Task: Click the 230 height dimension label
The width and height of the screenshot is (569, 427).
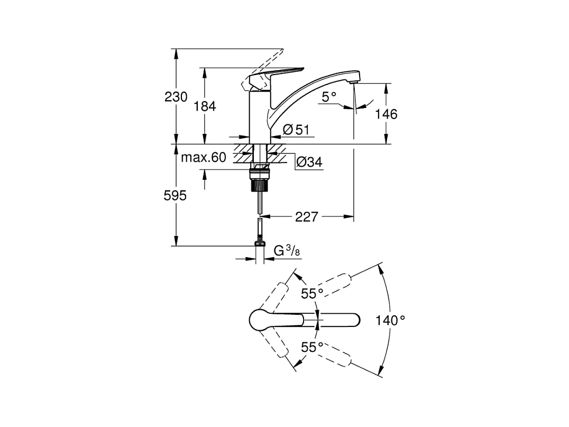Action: point(176,97)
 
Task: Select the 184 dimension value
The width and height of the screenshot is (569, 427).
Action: point(205,106)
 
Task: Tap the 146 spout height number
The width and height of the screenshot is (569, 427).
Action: point(386,114)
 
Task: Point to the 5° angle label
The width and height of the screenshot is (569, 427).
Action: point(329,97)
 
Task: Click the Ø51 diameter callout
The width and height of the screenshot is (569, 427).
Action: point(296,130)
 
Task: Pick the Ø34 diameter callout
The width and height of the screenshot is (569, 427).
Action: point(309,162)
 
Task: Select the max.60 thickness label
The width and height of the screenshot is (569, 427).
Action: point(204,158)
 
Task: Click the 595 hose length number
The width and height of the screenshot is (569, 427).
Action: point(175,196)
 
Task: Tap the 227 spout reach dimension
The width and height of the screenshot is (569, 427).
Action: point(307,217)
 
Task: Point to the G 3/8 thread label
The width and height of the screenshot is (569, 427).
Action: point(287,250)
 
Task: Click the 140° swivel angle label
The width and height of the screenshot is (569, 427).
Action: point(390,320)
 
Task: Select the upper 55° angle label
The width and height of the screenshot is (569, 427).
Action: point(312,293)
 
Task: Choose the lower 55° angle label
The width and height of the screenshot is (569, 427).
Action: point(312,348)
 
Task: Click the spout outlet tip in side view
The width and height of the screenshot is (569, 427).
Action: point(354,83)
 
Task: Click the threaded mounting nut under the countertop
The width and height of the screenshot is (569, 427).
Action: point(259,180)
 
